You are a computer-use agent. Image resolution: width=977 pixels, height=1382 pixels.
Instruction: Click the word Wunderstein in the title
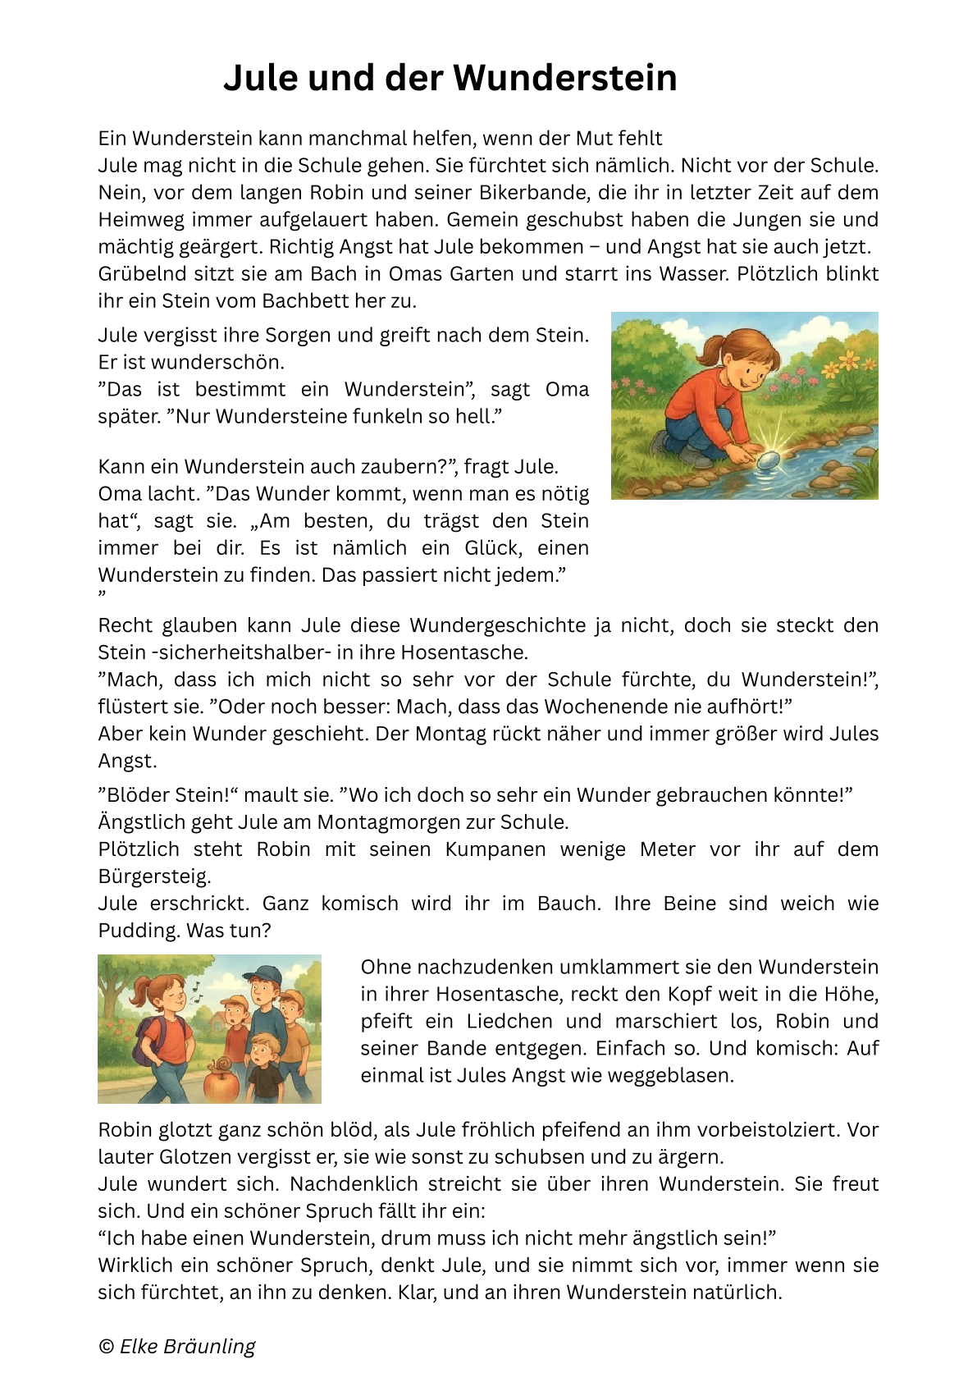click(x=565, y=78)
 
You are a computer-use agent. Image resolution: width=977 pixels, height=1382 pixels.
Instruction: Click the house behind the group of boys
click(x=220, y=1020)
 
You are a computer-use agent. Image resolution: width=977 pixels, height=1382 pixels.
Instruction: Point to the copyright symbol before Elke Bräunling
click(x=106, y=1347)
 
